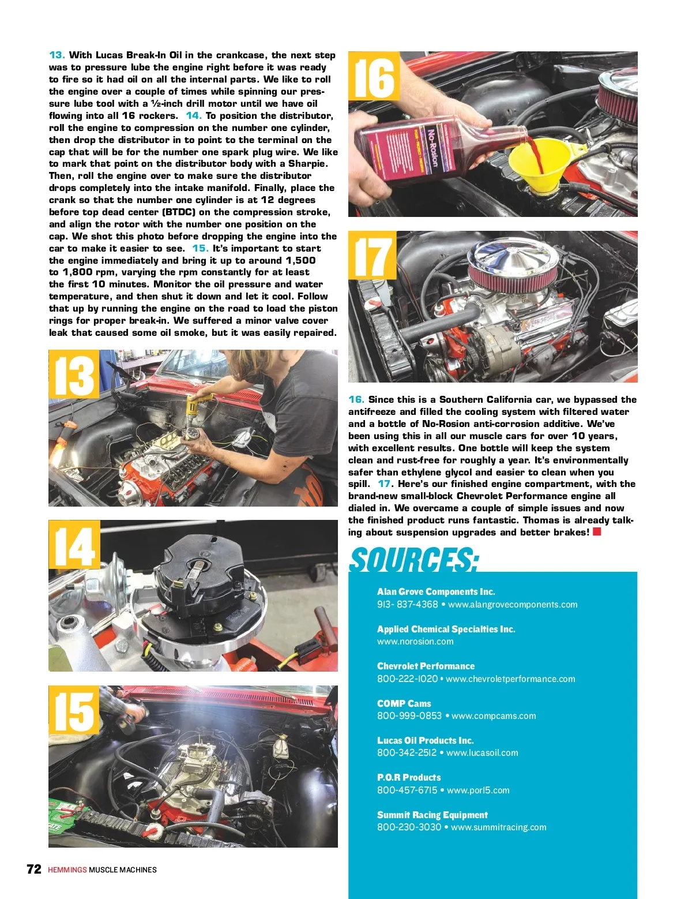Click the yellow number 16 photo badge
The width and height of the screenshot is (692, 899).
374,76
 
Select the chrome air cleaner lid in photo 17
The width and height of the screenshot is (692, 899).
513,257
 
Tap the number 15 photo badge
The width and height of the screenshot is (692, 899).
74,710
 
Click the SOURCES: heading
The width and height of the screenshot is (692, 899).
414,559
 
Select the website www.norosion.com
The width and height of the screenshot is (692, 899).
415,641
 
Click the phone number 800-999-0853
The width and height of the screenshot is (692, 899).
409,716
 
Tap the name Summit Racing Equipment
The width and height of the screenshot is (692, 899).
432,815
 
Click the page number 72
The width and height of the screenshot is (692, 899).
34,869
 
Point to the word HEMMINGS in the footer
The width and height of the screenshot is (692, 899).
67,870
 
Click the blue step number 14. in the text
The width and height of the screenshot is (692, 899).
193,115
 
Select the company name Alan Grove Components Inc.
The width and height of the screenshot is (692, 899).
436,591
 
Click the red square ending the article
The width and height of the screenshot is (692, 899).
596,531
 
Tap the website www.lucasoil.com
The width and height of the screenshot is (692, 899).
482,752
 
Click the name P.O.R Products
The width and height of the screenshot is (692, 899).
409,777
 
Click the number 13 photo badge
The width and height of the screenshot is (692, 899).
74,374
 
